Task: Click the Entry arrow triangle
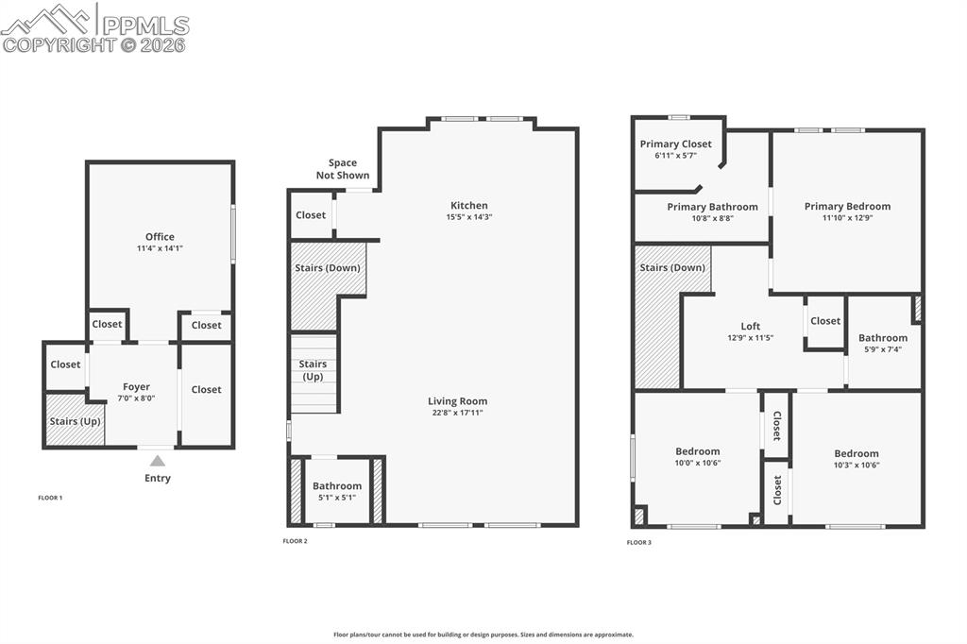(158, 461)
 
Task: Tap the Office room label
(160, 237)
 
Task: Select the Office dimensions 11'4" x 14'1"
(160, 248)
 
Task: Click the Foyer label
(136, 387)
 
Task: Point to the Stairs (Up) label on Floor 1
(76, 421)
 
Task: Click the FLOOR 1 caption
(50, 498)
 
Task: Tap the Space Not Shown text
(343, 169)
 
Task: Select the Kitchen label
(469, 205)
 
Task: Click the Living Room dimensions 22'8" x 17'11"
(457, 413)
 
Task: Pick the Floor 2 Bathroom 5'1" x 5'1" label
(337, 492)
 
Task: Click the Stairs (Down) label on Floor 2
(328, 268)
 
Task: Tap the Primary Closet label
(675, 144)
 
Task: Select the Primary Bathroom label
(712, 207)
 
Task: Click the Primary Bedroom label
(847, 206)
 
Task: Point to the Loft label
(750, 327)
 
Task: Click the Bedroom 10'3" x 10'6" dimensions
(856, 465)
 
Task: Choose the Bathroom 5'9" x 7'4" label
(883, 343)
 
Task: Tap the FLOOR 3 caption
(639, 542)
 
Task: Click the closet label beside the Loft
(825, 321)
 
